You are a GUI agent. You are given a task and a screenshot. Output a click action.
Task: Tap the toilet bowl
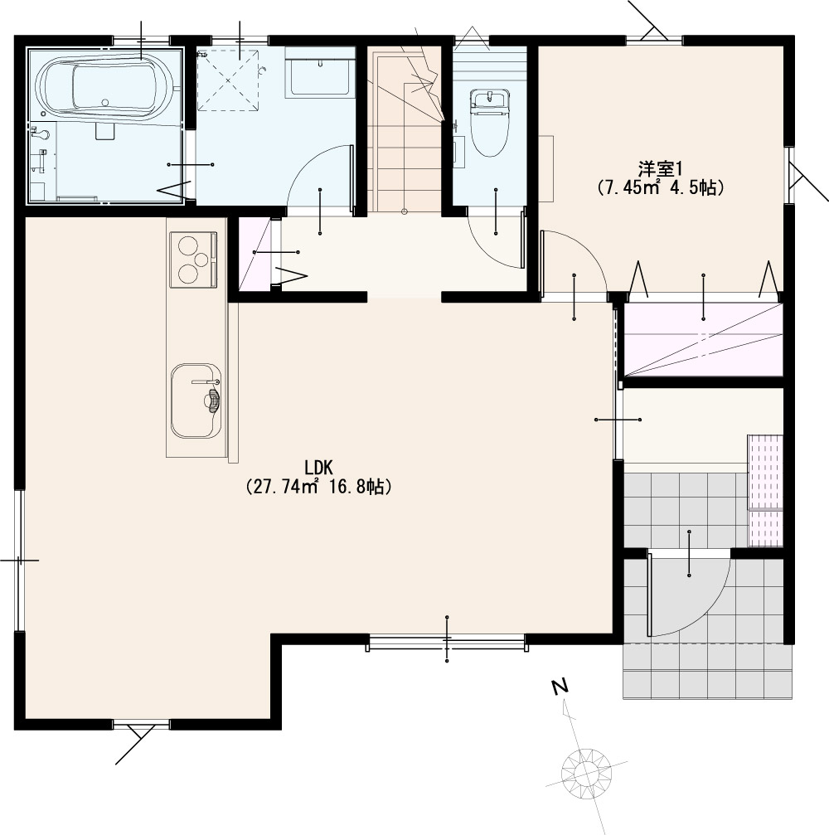pos(489,123)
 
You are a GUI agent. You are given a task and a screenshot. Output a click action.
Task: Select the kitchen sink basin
pos(196,401)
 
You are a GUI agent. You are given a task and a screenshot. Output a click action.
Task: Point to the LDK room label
pos(318,468)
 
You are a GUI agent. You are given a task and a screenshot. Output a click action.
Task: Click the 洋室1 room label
pos(660,169)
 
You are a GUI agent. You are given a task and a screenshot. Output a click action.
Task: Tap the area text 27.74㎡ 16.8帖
pos(318,486)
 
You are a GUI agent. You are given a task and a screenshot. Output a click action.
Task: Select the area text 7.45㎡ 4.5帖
pos(660,187)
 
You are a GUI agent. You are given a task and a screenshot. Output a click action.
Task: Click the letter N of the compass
pos(559,687)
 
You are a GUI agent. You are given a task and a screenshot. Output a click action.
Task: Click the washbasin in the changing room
pos(320,71)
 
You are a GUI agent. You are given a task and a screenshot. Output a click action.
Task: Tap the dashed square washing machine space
pos(229,80)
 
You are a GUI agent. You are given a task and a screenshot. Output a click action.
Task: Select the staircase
pos(405,129)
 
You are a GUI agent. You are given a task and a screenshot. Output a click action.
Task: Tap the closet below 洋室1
pos(703,339)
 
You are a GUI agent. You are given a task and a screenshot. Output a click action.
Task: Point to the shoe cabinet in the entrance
pos(766,490)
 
